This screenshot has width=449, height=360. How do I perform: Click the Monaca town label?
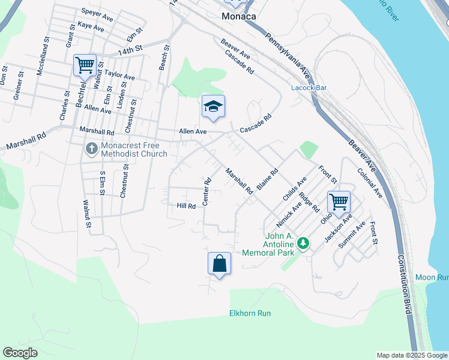click(239, 16)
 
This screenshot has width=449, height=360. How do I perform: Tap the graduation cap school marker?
click(213, 107)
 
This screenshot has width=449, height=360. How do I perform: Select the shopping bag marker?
click(219, 264)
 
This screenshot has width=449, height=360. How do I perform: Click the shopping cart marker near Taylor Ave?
click(85, 65)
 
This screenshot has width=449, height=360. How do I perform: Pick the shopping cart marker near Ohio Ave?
click(339, 203)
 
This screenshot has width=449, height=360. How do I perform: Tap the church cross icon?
click(91, 148)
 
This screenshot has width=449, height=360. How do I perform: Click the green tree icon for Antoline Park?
click(303, 243)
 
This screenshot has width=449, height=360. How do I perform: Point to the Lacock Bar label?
click(309, 88)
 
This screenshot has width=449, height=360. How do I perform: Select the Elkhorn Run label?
click(250, 313)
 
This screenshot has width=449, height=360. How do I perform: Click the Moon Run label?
click(432, 277)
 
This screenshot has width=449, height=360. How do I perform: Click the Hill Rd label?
click(186, 206)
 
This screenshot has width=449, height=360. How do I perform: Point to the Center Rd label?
click(206, 191)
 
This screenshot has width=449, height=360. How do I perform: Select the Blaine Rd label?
click(267, 179)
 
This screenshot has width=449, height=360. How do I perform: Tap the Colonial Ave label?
click(369, 183)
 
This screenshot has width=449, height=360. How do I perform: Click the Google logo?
click(20, 353)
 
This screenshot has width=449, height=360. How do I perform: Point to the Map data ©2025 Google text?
click(411, 355)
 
